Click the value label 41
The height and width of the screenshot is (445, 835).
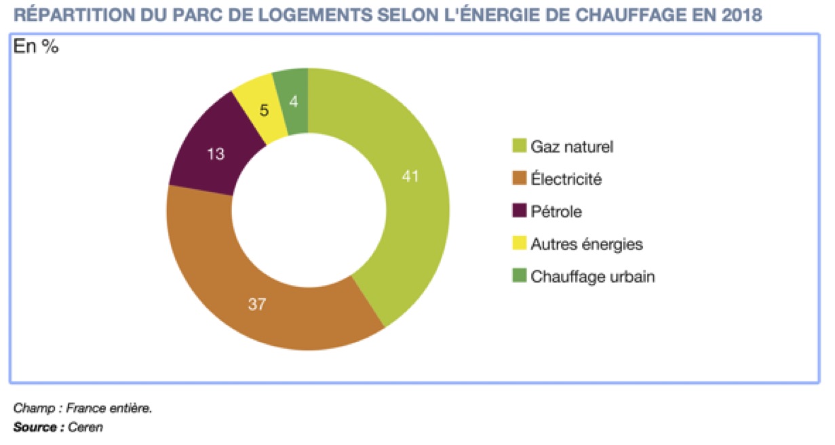(410, 177)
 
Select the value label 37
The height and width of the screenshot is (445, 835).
(256, 305)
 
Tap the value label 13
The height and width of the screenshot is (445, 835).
(215, 154)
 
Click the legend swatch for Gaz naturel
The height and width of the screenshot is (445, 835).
(519, 146)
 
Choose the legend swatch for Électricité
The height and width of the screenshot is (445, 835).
(519, 179)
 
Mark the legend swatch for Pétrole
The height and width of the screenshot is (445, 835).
(519, 212)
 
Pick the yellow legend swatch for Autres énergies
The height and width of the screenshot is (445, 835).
(519, 244)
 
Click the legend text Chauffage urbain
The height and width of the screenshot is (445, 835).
(593, 277)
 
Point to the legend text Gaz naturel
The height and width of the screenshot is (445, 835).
(572, 147)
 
